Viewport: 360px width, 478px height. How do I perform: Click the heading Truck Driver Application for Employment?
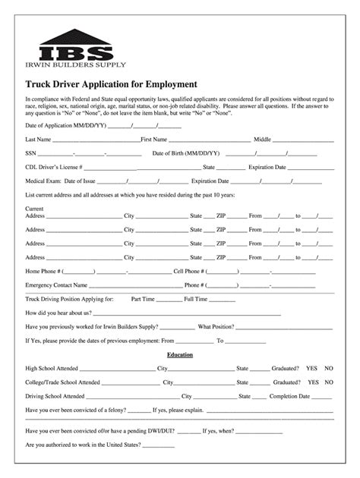111,84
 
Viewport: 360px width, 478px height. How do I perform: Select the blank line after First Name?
209,140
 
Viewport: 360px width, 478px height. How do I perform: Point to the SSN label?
31,153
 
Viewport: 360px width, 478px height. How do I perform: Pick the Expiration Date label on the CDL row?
267,167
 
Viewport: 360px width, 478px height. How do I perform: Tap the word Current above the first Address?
34,208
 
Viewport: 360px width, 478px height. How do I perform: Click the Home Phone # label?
43,271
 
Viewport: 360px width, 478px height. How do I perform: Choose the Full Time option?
195,299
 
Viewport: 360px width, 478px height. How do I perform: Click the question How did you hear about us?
58,313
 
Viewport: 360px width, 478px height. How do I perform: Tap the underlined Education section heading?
180,354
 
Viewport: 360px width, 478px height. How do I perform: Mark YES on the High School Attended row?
312,368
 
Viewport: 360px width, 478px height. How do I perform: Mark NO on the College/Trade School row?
329,382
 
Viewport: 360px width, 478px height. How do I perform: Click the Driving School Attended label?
55,396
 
